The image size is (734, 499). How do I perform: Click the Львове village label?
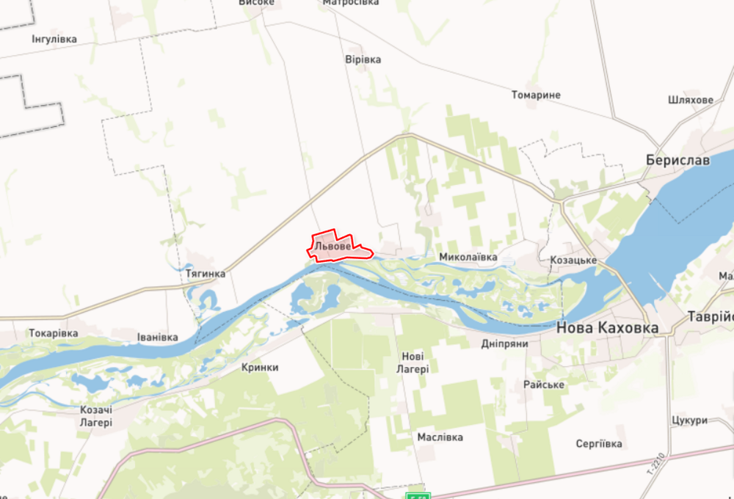pyautogui.click(x=332, y=247)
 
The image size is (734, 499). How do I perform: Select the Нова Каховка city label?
pyautogui.click(x=607, y=328)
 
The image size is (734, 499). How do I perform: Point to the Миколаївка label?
pyautogui.click(x=468, y=258)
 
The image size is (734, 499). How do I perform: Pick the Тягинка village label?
pyautogui.click(x=206, y=274)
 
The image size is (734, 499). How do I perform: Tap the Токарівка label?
pyautogui.click(x=53, y=333)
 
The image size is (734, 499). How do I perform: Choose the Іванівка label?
pyautogui.click(x=158, y=338)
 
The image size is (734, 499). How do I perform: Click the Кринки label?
pyautogui.click(x=260, y=368)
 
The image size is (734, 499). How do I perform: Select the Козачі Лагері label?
pyautogui.click(x=97, y=416)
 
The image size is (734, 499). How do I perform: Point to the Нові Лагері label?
pyautogui.click(x=415, y=363)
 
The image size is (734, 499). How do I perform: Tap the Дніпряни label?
pyautogui.click(x=504, y=343)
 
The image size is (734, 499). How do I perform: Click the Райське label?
pyautogui.click(x=544, y=385)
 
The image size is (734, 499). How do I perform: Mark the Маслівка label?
pyautogui.click(x=440, y=437)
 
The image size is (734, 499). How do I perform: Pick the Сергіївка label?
pyautogui.click(x=599, y=444)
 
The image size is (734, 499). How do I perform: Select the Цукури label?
pyautogui.click(x=689, y=420)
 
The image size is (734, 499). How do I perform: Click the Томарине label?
pyautogui.click(x=536, y=95)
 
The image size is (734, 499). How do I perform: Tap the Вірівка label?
pyautogui.click(x=363, y=59)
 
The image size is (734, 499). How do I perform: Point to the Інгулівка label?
pyautogui.click(x=54, y=39)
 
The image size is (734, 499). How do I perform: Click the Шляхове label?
pyautogui.click(x=691, y=100)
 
